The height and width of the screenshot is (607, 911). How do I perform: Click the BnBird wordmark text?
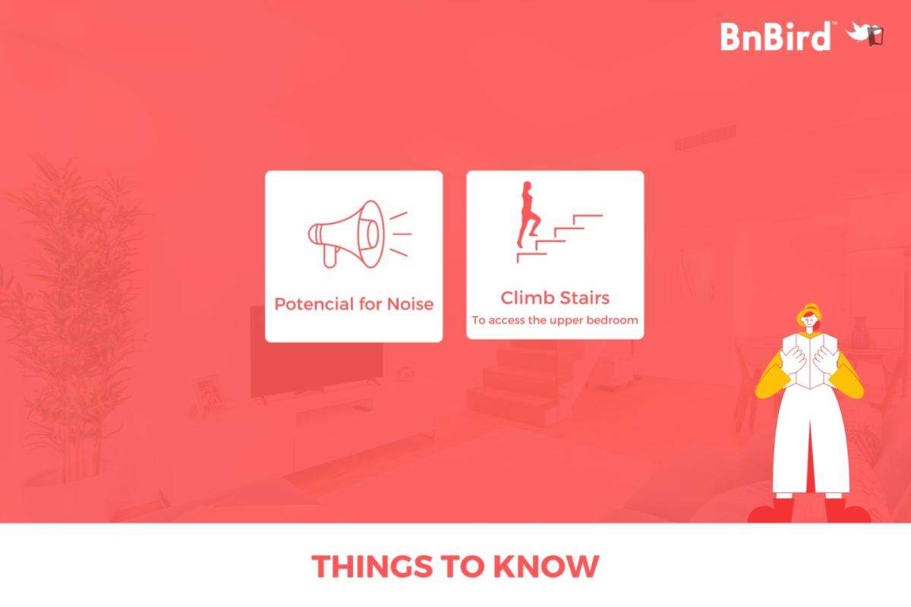776,36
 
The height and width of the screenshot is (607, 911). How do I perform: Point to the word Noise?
410,304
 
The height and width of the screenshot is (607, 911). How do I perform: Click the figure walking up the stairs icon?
528,215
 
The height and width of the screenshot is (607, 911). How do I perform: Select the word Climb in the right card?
525,297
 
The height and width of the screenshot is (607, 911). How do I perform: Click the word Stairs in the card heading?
582,297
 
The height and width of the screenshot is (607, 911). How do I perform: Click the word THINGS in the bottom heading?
372,566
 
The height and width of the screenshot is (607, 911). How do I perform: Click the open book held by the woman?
810,360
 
